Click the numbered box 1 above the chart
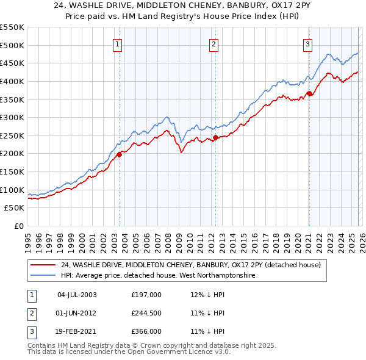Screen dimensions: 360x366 pyautogui.click(x=117, y=43)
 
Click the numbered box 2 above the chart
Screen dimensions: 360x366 pyautogui.click(x=213, y=43)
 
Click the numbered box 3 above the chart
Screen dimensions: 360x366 pyautogui.click(x=308, y=43)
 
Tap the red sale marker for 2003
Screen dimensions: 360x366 pyautogui.click(x=119, y=154)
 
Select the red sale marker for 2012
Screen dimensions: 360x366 pyautogui.click(x=215, y=137)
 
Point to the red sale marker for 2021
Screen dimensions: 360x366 pyautogui.click(x=309, y=93)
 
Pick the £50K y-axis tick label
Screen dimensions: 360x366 pyautogui.click(x=15, y=208)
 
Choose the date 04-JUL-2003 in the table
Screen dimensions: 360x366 pyautogui.click(x=77, y=295)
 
